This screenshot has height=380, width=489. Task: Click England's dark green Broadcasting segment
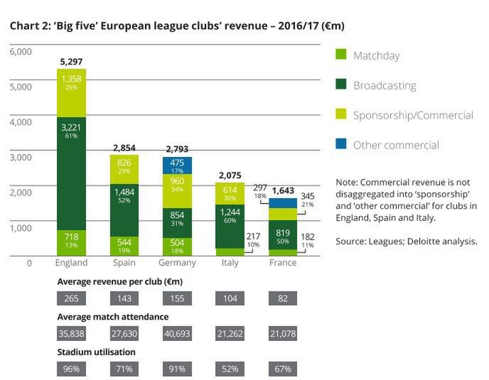pyautogui.click(x=71, y=173)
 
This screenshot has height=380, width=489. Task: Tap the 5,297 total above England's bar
pyautogui.click(x=71, y=62)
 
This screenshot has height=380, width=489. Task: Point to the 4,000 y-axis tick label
pyautogui.click(x=21, y=121)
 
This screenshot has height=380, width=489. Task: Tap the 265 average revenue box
pyautogui.click(x=71, y=298)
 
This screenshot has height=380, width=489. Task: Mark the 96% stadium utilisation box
pyautogui.click(x=71, y=369)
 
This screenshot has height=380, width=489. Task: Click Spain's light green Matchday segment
pyautogui.click(x=124, y=246)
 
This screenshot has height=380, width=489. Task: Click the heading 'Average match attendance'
pyautogui.click(x=112, y=317)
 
